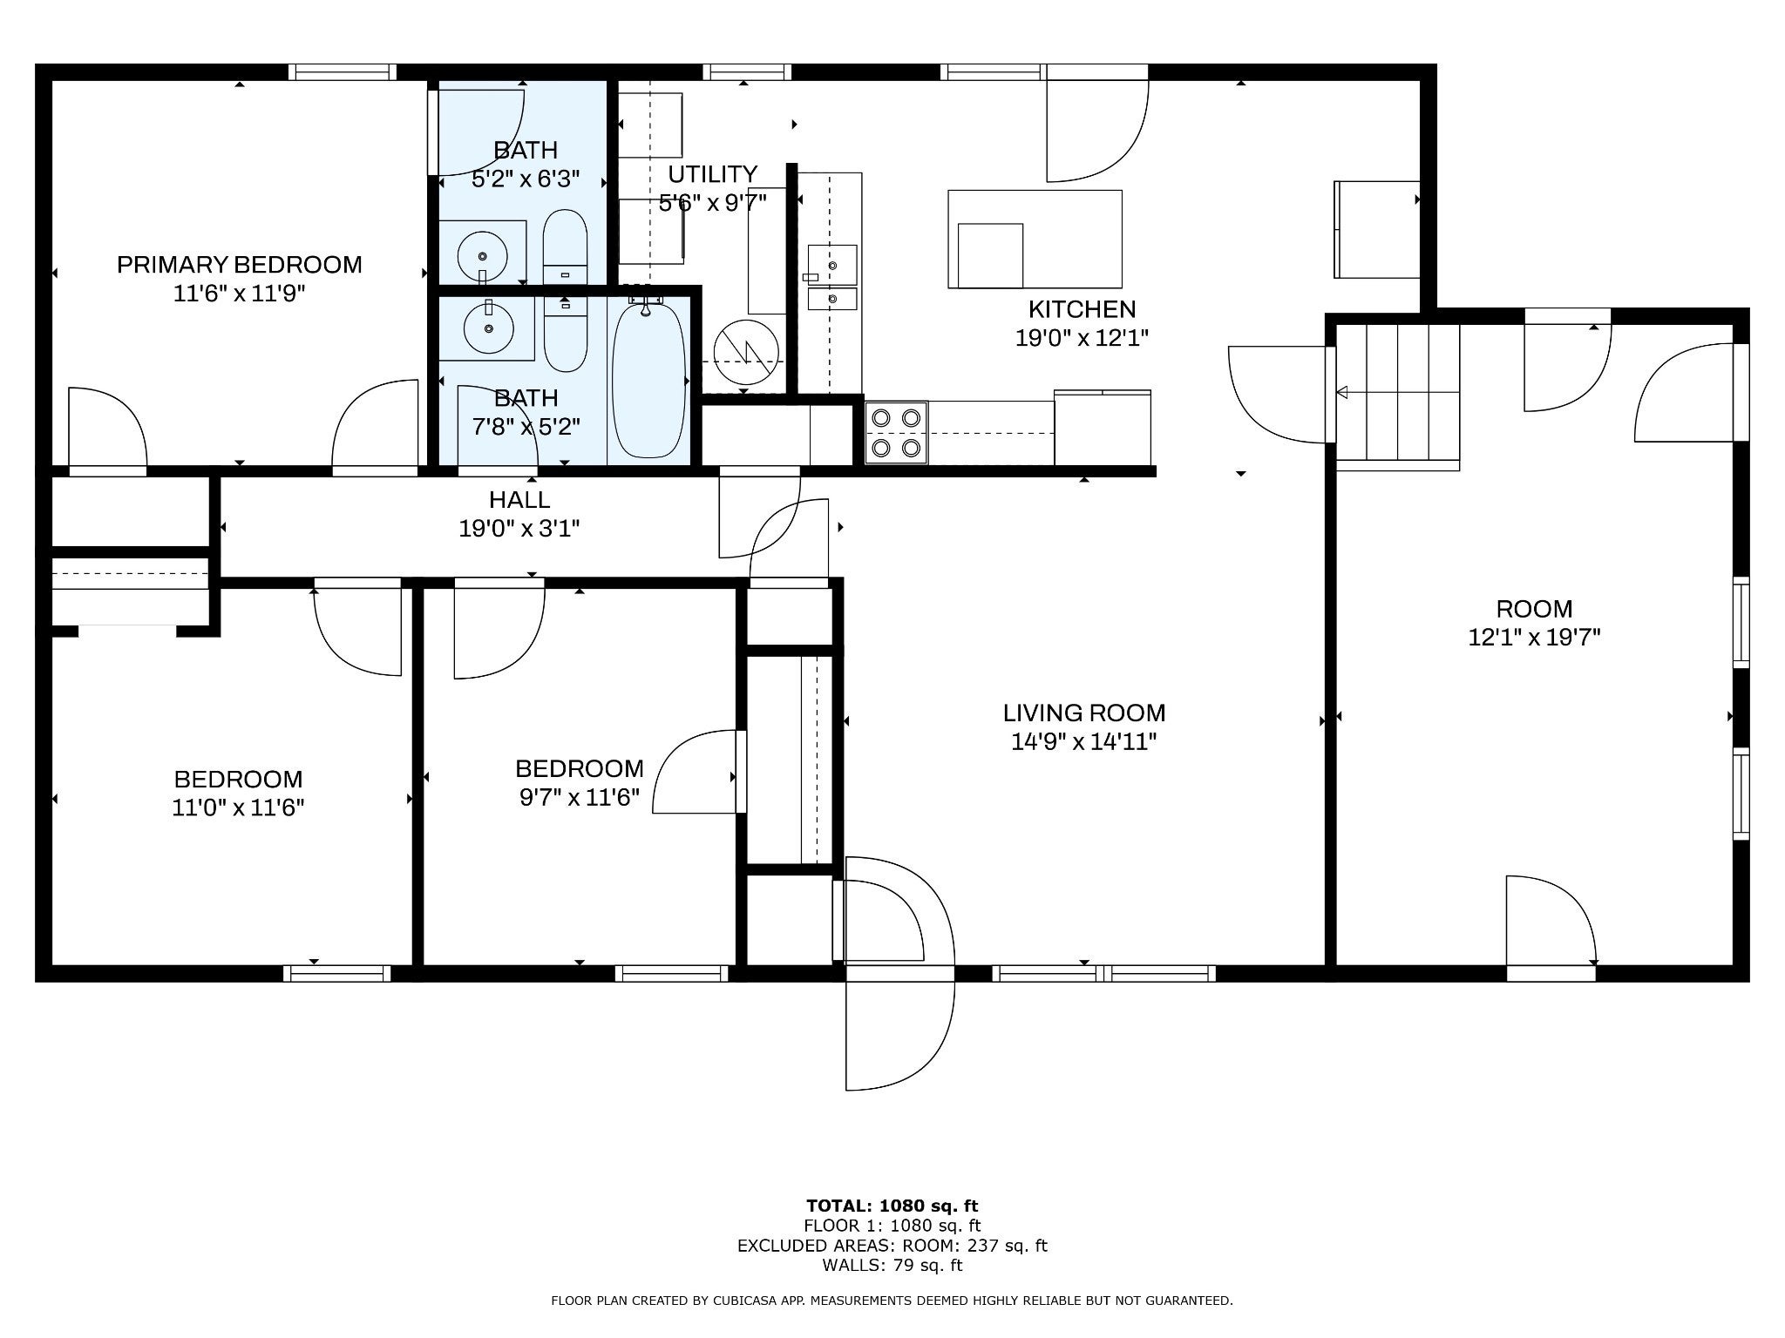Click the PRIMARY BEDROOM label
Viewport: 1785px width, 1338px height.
coord(240,264)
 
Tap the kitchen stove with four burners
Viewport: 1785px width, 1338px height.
coord(896,433)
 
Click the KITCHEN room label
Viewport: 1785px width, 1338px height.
coord(1082,309)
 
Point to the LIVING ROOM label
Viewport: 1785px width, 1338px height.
coord(1084,713)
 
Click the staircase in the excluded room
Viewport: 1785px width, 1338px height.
coord(1398,396)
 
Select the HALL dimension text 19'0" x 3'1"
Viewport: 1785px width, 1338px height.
coord(519,528)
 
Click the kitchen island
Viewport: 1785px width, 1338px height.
coord(1035,239)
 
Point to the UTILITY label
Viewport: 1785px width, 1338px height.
coord(713,173)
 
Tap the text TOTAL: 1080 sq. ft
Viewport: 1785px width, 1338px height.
coord(892,1206)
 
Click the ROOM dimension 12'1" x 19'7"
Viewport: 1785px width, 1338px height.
coord(1534,637)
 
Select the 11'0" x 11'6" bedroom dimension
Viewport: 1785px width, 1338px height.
coord(238,807)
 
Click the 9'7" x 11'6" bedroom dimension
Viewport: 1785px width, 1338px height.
coord(580,796)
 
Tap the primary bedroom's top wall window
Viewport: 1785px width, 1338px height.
coord(343,72)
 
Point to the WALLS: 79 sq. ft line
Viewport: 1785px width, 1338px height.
coord(892,1265)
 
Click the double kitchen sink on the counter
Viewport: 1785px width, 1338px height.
coord(831,278)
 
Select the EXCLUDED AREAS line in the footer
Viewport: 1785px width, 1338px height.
coord(892,1246)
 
